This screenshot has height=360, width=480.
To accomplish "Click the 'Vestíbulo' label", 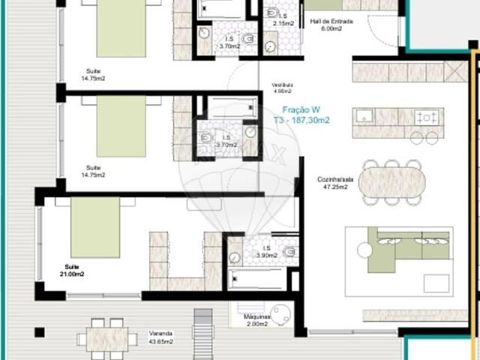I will point(282,86).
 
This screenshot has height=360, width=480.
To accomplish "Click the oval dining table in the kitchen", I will point(392,181).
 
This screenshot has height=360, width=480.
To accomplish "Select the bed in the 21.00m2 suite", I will point(95,226).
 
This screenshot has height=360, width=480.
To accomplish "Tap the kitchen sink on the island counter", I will point(365,116).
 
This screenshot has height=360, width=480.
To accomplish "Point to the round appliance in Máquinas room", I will point(281,314).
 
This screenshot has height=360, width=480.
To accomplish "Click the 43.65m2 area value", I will point(161,341).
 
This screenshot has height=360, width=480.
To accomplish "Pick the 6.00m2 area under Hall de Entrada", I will point(330,28).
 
